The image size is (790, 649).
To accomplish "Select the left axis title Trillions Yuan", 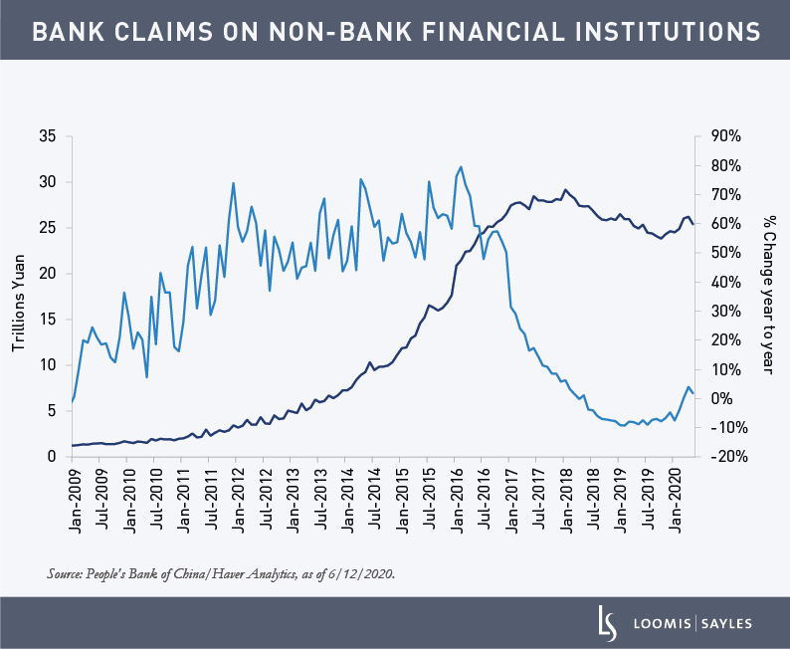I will point(19,296).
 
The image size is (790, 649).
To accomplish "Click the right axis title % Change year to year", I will point(769,296).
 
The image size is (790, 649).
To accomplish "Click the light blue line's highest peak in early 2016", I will point(461,167).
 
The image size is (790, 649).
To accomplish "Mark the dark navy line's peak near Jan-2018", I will point(565,190).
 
